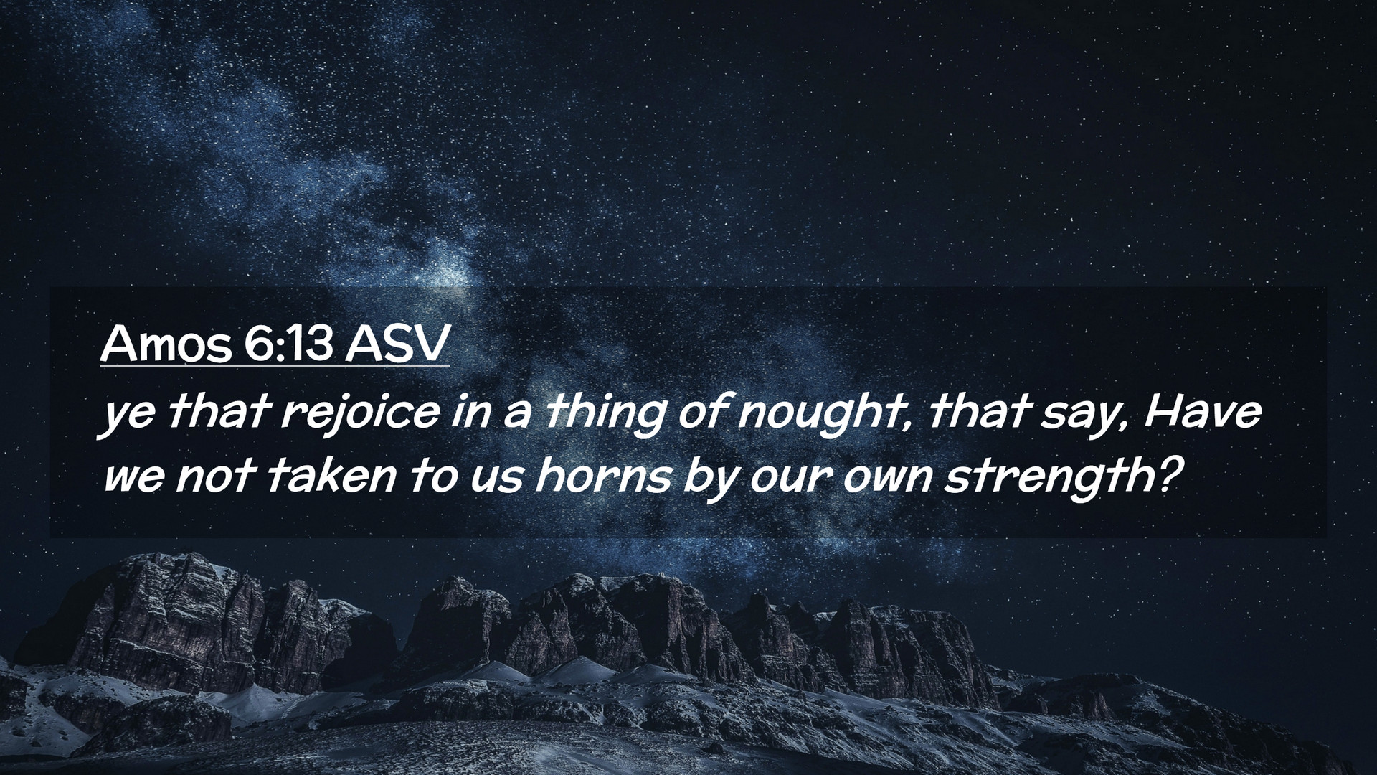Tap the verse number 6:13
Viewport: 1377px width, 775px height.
pyautogui.click(x=288, y=345)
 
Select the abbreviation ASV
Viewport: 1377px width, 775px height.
pyautogui.click(x=396, y=345)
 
